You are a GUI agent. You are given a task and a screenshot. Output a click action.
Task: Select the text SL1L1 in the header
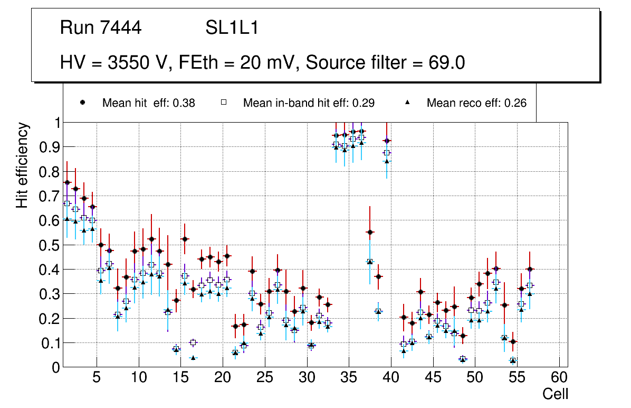tap(232, 28)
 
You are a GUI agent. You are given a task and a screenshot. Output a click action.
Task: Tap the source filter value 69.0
tap(447, 62)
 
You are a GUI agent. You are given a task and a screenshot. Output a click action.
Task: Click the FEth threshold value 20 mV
tap(270, 62)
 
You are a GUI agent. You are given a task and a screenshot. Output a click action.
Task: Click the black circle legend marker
tap(82, 103)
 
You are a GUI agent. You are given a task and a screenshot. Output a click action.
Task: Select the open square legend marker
tap(223, 103)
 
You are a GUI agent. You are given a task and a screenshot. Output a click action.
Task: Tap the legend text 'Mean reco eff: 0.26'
tap(476, 103)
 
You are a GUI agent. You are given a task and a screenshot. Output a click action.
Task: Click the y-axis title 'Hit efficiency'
tap(22, 165)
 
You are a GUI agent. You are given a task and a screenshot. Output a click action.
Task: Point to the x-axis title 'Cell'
tap(556, 394)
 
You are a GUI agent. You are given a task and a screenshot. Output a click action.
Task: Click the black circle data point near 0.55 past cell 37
tap(370, 232)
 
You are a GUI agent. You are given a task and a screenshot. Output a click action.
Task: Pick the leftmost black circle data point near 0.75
tap(67, 182)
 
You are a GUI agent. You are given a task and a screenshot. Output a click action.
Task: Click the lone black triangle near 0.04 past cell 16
tap(193, 358)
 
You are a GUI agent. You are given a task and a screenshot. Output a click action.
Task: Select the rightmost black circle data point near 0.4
tap(530, 269)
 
